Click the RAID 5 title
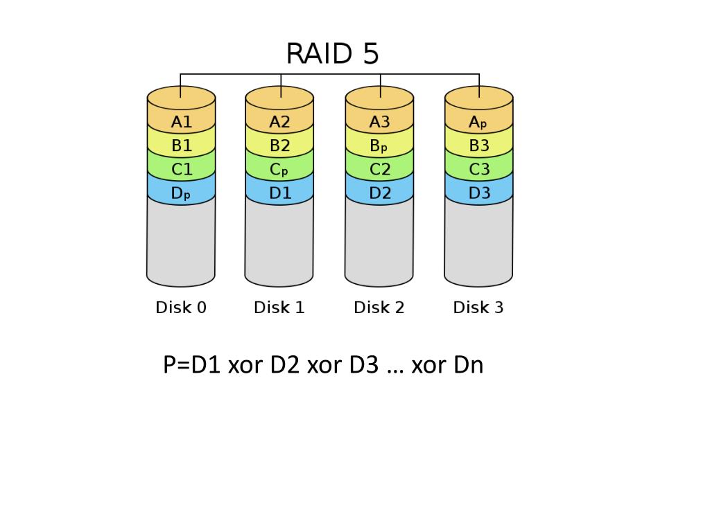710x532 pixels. [x=332, y=53]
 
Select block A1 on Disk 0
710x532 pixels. [x=181, y=122]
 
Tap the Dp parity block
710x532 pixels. [x=180, y=193]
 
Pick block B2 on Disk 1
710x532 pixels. [x=279, y=145]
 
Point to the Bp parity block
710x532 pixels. [x=379, y=145]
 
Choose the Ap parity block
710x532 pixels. [x=478, y=123]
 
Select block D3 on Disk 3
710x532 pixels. [x=479, y=193]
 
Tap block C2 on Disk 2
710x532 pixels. [x=380, y=170]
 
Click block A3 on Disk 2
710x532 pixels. [x=379, y=122]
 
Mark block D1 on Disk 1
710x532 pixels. [x=280, y=193]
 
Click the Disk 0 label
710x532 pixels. [x=181, y=308]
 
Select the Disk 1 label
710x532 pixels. [x=279, y=308]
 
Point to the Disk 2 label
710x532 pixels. [x=379, y=308]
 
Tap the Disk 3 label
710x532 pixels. [x=478, y=308]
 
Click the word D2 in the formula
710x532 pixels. [x=285, y=364]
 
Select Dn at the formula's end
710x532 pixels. [x=469, y=364]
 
